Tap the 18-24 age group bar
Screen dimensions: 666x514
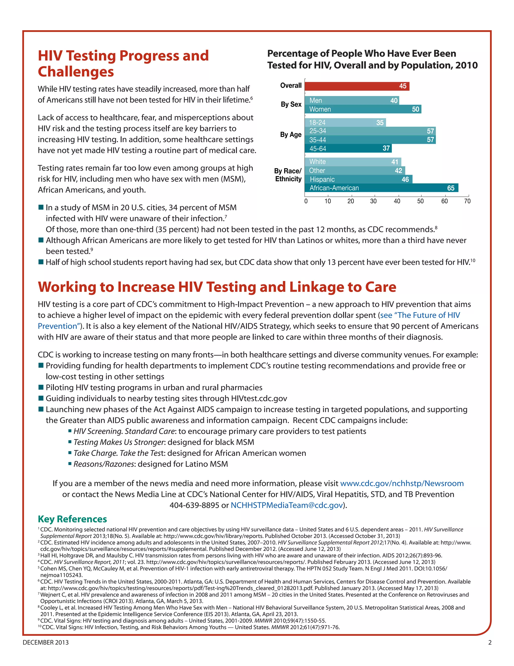345,123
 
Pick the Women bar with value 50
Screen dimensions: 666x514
362,109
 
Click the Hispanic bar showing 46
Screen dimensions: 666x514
358,179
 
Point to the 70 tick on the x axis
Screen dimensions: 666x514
467,201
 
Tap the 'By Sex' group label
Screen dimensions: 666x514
291,104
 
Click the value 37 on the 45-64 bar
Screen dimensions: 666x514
386,149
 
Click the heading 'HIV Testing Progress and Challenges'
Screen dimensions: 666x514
123,63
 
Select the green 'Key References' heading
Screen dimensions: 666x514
72,519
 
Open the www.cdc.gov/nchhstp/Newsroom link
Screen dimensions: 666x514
402,483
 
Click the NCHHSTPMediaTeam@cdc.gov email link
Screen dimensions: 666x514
287,505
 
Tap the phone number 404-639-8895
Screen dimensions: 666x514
194,505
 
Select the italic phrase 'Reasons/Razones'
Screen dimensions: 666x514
104,464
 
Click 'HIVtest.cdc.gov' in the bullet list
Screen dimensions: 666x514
259,399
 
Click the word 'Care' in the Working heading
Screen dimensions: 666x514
381,287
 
